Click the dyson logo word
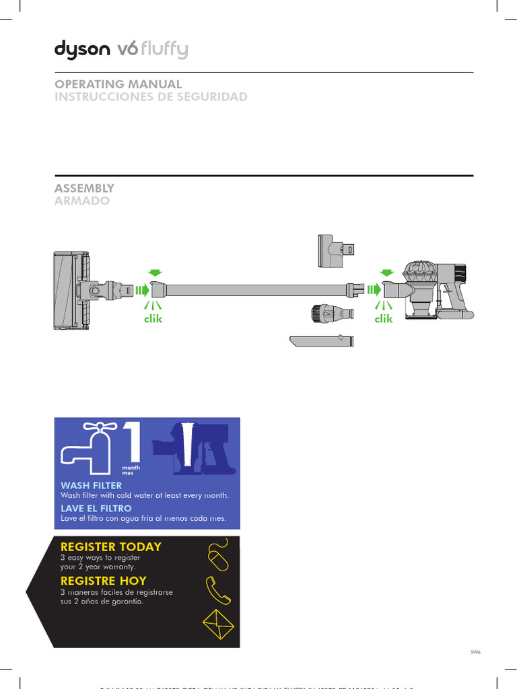(83, 50)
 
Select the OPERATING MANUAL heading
(118, 84)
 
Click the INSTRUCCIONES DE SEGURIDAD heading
(150, 97)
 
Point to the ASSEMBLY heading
(84, 188)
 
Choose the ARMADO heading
(81, 201)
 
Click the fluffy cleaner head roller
(67, 290)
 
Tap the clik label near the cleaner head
(153, 319)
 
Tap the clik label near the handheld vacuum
(384, 319)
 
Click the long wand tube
(256, 290)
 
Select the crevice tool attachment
(321, 340)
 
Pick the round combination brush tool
(332, 314)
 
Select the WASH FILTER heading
(92, 485)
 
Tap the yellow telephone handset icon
(219, 590)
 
